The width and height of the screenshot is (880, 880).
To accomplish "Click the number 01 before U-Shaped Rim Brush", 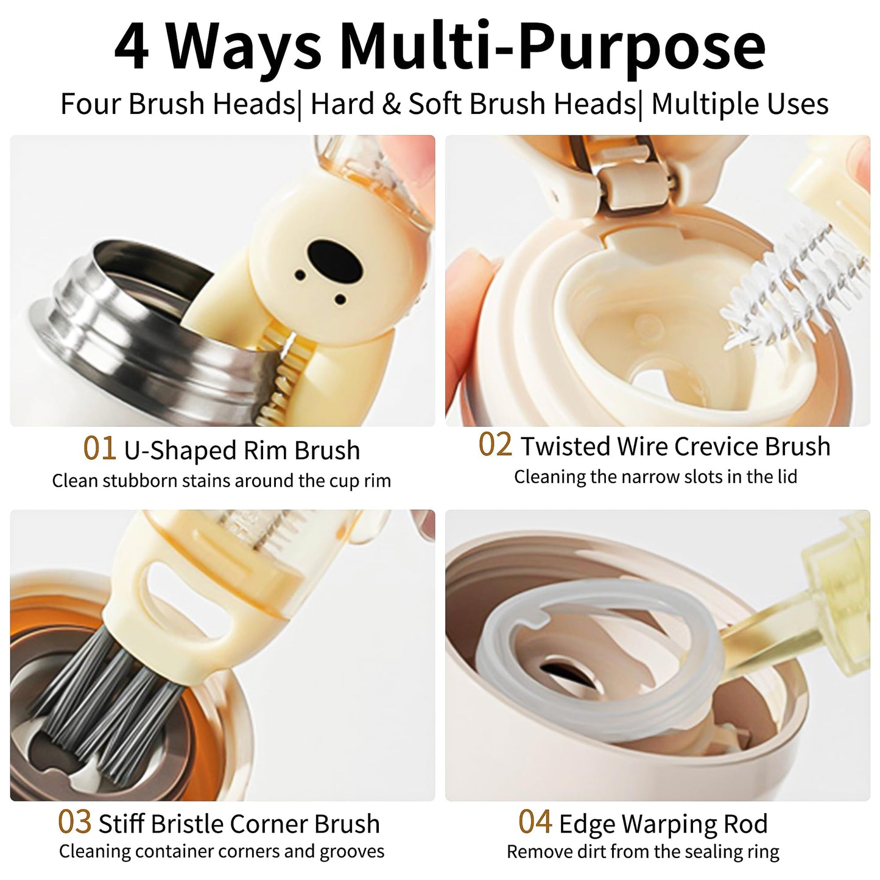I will coord(99,448).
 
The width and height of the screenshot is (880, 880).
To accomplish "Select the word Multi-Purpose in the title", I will coord(552,46).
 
